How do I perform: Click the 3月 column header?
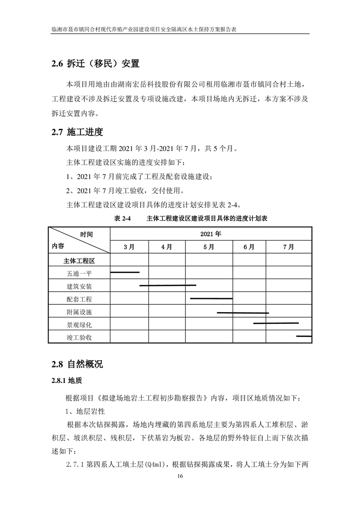coord(129,247)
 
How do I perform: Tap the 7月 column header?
coord(288,247)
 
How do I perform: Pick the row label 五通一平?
coord(79,274)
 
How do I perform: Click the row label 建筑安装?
coord(79,286)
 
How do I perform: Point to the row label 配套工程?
coord(79,299)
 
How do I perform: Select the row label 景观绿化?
coord(79,325)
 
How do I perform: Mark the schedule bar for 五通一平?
coord(125,272)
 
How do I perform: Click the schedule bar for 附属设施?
coord(243,313)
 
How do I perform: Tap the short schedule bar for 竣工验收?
coord(303,336)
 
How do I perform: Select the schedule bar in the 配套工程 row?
coord(211,299)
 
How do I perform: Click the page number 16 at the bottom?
coord(180,476)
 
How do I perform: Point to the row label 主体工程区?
coord(79,261)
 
